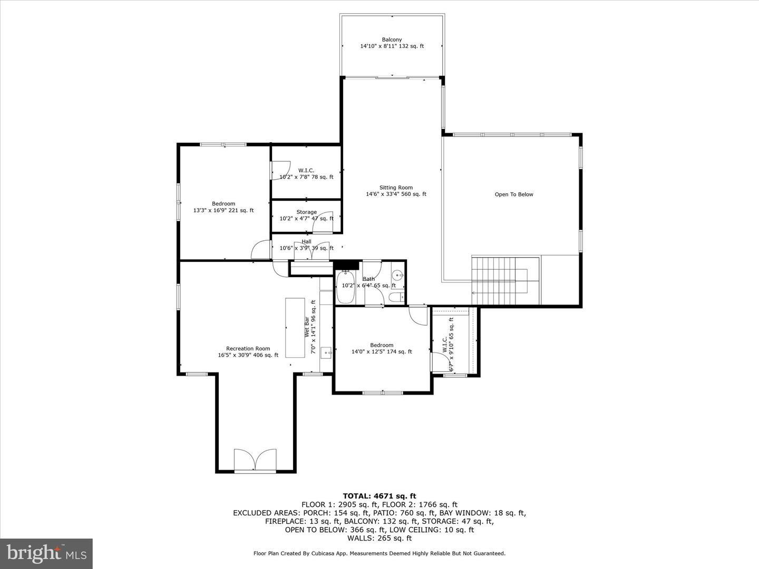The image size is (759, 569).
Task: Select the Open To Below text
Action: tap(513, 194)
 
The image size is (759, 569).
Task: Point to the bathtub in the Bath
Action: tap(345, 287)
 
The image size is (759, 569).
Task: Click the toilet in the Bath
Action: tap(396, 298)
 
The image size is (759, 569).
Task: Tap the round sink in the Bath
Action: tap(397, 274)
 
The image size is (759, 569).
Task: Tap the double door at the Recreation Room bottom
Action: tap(255, 460)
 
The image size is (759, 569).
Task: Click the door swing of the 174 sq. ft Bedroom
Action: tap(420, 316)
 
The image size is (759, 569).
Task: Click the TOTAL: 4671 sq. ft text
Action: tap(379, 496)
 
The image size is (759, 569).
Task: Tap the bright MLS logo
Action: tap(46, 553)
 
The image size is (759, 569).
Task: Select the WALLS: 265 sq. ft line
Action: tap(379, 538)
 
